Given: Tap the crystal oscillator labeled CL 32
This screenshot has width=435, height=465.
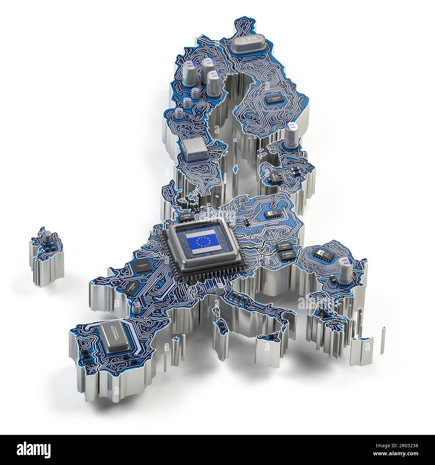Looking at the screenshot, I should [244, 44].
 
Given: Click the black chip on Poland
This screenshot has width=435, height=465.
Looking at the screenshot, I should [272, 215].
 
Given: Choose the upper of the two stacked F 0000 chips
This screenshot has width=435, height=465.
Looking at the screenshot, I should [283, 248].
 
